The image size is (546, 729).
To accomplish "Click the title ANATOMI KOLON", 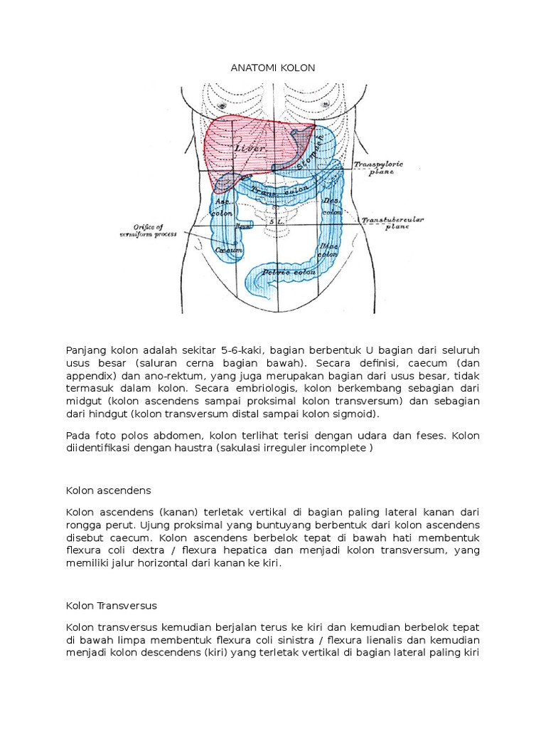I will [x=273, y=68].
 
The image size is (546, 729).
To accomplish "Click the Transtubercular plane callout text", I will [x=393, y=224].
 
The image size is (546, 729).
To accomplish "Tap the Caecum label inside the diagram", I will [x=226, y=251].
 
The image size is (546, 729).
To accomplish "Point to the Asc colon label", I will [x=223, y=207].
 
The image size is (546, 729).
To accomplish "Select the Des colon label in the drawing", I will [x=331, y=206].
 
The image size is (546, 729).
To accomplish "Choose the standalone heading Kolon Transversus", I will [x=111, y=605].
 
